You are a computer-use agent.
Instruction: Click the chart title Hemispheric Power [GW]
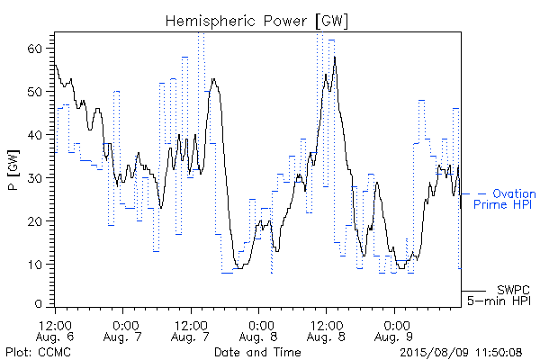[256, 21]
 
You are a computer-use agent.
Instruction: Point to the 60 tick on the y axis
[34, 49]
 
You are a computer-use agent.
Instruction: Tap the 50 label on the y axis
[34, 92]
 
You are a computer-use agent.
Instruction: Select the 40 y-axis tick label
[34, 135]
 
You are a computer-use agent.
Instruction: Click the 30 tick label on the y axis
[34, 178]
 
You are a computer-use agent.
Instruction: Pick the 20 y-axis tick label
[34, 220]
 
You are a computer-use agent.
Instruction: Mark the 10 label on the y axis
[34, 265]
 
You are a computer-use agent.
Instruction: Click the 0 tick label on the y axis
[38, 304]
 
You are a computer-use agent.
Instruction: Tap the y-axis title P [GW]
[13, 170]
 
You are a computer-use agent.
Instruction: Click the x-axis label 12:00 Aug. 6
[55, 330]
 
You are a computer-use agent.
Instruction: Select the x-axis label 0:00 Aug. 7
[123, 330]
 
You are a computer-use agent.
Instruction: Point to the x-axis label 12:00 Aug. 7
[191, 330]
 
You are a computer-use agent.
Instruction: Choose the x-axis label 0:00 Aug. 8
[258, 330]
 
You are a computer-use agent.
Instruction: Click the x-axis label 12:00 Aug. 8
[326, 330]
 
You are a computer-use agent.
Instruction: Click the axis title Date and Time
[257, 353]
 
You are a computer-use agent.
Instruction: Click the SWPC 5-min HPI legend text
[499, 295]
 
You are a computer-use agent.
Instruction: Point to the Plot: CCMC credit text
[38, 353]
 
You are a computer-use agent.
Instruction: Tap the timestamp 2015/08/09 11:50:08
[461, 353]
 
